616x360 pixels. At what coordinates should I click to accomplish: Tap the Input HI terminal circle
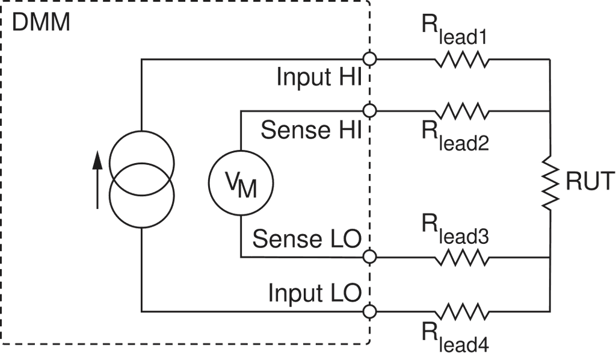click(x=371, y=59)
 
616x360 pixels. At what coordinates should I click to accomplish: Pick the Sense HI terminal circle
click(x=371, y=110)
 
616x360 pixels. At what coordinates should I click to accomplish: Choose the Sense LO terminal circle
click(x=371, y=258)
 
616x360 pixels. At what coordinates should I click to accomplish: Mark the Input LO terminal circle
click(x=371, y=311)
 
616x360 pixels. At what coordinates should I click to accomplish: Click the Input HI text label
click(x=318, y=78)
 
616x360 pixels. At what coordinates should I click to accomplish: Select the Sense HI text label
click(x=310, y=129)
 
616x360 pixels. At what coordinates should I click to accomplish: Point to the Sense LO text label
click(x=306, y=238)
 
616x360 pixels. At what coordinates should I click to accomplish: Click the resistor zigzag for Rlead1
click(x=461, y=60)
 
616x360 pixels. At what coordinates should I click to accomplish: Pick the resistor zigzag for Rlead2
click(x=461, y=110)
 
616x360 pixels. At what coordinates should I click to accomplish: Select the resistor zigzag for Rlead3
click(x=461, y=258)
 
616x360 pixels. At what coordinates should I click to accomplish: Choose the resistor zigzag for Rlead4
click(x=461, y=311)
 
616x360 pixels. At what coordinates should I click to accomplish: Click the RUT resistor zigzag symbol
click(x=549, y=182)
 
